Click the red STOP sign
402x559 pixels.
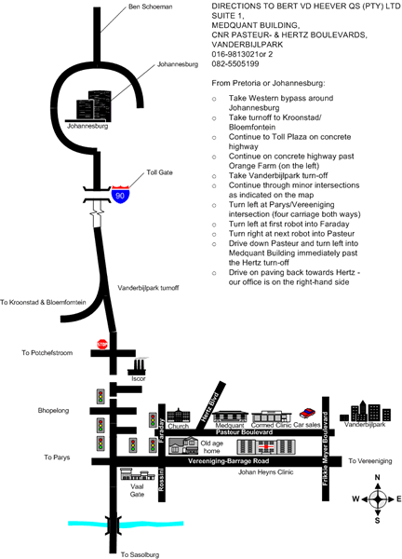point(102,344)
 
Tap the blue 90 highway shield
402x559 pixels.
point(120,195)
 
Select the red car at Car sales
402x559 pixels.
point(307,413)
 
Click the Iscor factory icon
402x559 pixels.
point(138,366)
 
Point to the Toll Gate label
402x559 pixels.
point(159,172)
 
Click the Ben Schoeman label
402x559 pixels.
point(150,7)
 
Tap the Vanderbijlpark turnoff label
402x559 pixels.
point(148,288)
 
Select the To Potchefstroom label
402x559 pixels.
point(47,352)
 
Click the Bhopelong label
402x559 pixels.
point(53,410)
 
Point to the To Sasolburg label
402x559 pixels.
point(140,554)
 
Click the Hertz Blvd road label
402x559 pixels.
point(209,407)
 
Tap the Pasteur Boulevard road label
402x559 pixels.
point(244,432)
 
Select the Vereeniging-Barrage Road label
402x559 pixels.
point(229,461)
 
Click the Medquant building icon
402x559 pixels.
point(231,416)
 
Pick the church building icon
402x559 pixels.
point(179,416)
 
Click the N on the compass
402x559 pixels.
point(378,477)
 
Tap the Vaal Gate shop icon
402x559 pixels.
point(138,474)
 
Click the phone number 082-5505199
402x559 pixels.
point(235,63)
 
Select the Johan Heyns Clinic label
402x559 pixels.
point(265,472)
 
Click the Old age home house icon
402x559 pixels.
point(183,445)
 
